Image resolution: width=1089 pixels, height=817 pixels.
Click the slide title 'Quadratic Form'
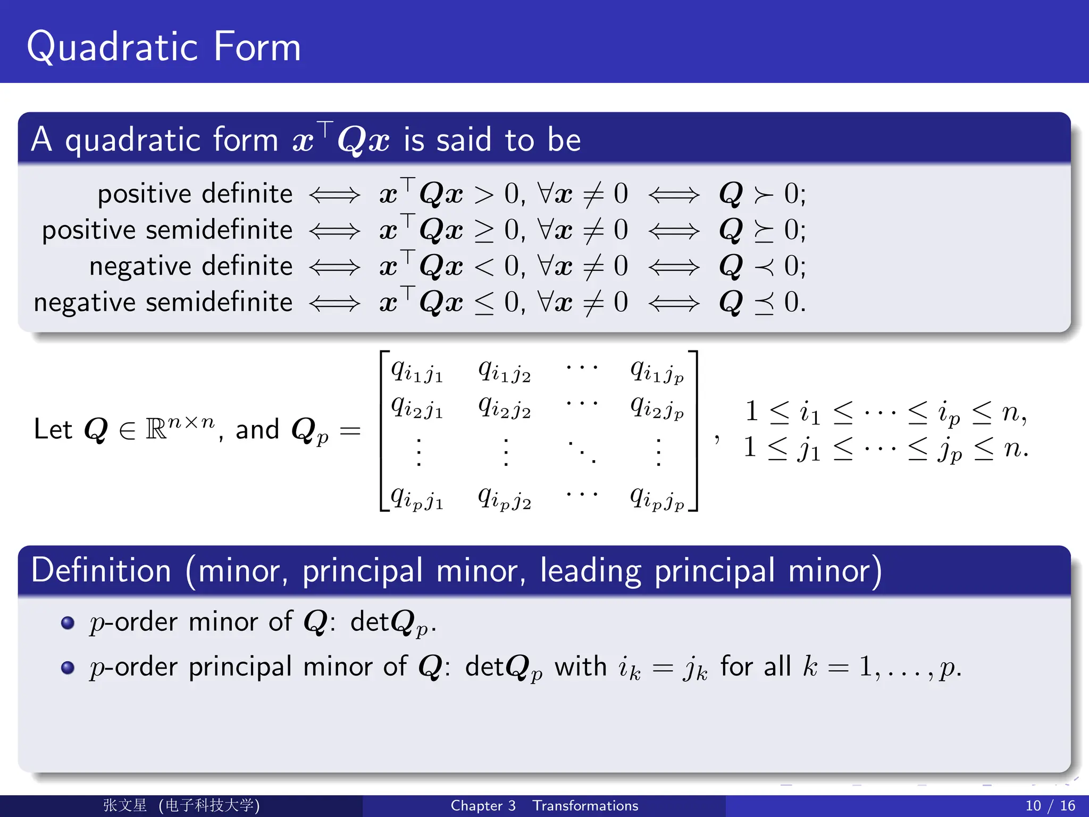coord(164,47)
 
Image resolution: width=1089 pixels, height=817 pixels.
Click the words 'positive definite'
coord(195,194)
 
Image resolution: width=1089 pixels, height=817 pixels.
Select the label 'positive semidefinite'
coord(167,230)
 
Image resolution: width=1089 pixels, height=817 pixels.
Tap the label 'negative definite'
coord(191,266)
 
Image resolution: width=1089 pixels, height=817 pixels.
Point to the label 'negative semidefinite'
coord(163,302)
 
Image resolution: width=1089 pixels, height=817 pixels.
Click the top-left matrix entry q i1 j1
coord(417,370)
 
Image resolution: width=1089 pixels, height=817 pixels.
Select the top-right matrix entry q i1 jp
coord(657,370)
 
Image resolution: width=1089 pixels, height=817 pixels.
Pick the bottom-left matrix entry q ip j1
coord(417,498)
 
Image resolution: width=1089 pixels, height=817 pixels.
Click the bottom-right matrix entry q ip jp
coord(657,498)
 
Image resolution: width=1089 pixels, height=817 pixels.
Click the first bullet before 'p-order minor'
coord(68,622)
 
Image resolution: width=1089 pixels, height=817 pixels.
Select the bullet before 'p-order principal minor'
coord(68,668)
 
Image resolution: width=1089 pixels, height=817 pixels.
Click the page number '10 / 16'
coord(1050,805)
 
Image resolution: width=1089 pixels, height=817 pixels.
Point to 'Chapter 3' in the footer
coord(483,805)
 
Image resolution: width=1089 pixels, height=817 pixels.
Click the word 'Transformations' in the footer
coord(585,805)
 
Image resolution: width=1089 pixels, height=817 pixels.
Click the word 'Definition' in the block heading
coord(101,570)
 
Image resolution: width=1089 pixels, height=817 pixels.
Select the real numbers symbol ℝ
coord(156,429)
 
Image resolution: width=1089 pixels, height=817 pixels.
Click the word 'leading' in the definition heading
coord(591,571)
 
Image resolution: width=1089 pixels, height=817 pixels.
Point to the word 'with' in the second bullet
coord(581,667)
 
